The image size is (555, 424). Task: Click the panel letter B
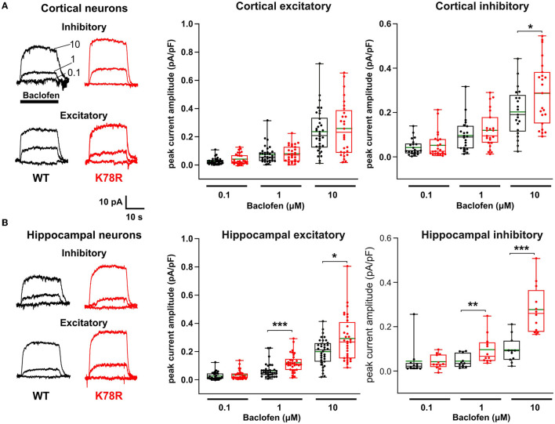(5, 223)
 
